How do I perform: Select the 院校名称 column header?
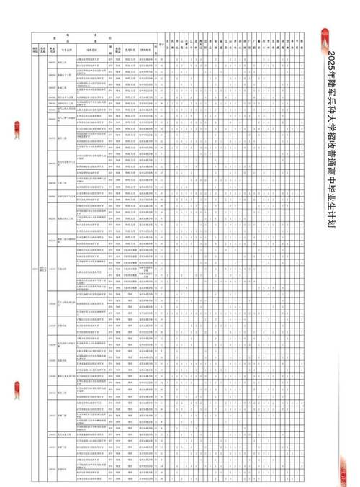coord(43,48)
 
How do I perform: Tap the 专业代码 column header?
coord(52,48)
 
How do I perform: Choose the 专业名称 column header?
coord(63,48)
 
